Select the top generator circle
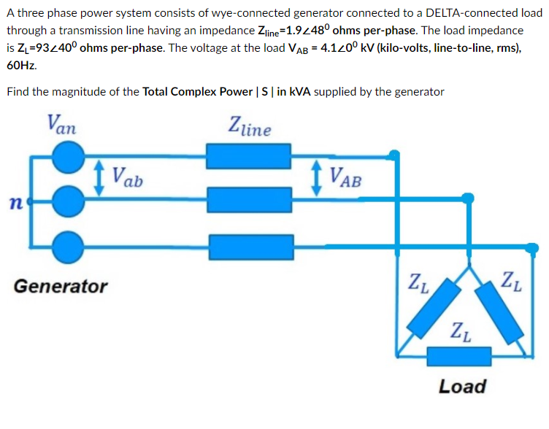click(x=69, y=157)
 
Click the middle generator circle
click(x=69, y=198)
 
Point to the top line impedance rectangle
click(x=238, y=156)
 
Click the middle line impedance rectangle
click(x=238, y=198)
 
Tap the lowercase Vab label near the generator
click(x=128, y=176)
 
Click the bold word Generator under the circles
click(x=61, y=287)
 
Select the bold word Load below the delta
click(x=461, y=386)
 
